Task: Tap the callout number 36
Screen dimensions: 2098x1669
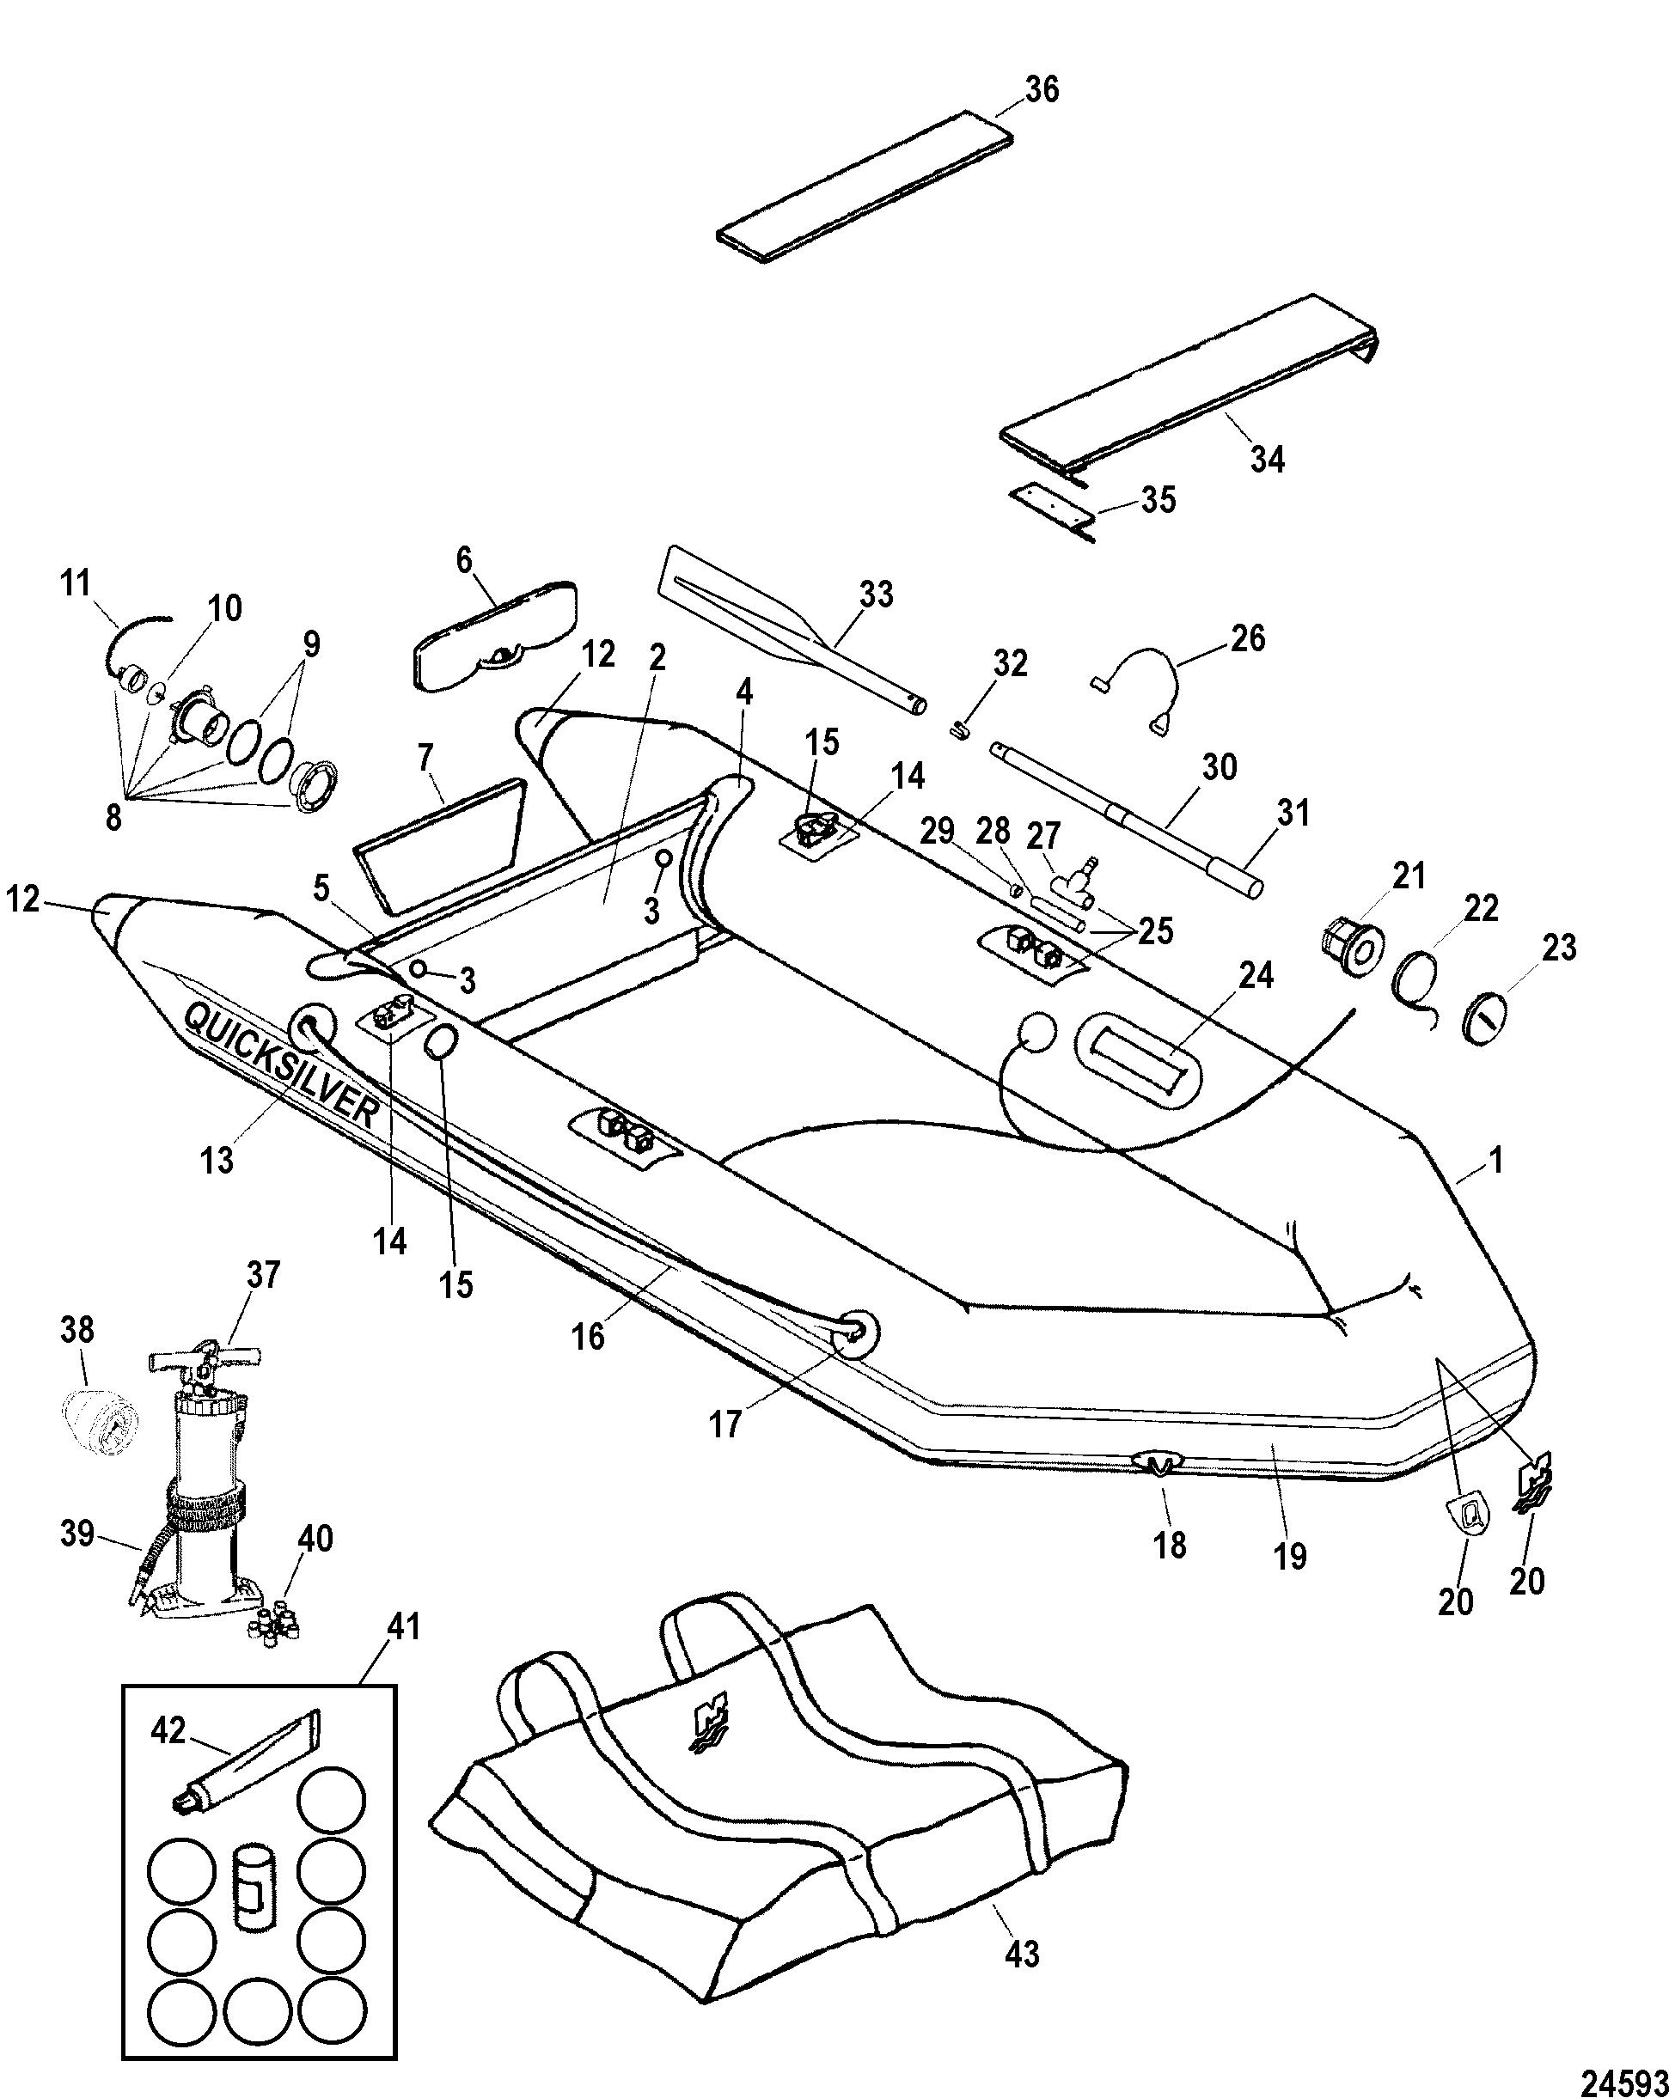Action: click(x=1042, y=90)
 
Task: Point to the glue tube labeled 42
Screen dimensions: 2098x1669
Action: click(x=248, y=1763)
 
